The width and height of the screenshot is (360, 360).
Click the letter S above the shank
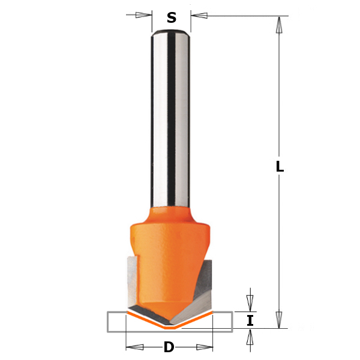(172, 18)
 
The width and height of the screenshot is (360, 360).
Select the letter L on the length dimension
(280, 167)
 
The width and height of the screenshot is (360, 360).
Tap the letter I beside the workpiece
(250, 320)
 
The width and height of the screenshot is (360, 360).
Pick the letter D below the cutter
(169, 347)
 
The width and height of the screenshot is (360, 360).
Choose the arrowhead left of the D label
(134, 347)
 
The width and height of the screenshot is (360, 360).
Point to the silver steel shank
(172, 120)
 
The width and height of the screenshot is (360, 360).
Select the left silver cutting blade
(133, 282)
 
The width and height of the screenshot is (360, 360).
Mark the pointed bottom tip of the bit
(170, 324)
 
